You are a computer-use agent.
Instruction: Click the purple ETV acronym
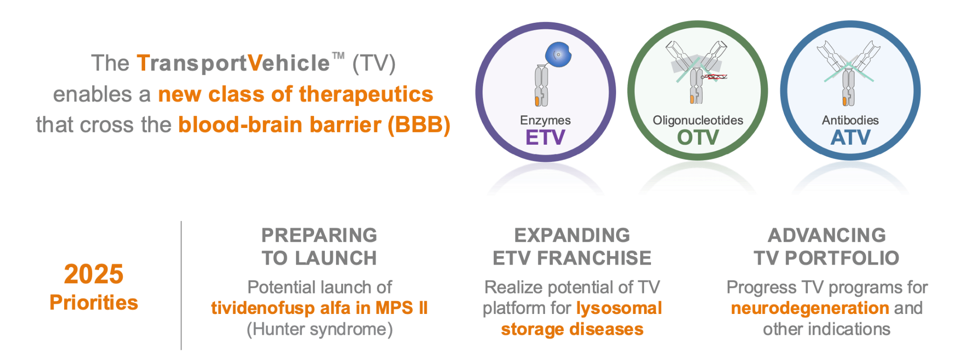point(545,138)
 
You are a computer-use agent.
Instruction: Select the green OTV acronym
point(698,138)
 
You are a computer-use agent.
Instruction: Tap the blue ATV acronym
point(850,138)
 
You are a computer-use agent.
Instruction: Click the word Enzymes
point(545,120)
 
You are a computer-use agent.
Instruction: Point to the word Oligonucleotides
point(698,120)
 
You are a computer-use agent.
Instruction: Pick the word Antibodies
point(850,120)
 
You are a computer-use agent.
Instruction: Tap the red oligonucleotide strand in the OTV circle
point(715,77)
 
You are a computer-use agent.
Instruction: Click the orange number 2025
point(94,274)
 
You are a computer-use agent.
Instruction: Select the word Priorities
point(94,303)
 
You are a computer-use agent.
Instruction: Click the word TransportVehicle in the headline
point(233,63)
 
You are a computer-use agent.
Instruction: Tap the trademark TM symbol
point(338,56)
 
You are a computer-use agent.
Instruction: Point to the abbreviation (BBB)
point(419,125)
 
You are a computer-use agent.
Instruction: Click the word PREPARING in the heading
point(319,235)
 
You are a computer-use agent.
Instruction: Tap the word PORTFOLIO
point(842,258)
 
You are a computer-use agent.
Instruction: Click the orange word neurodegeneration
point(810,308)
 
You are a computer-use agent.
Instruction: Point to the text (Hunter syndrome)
point(320,329)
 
